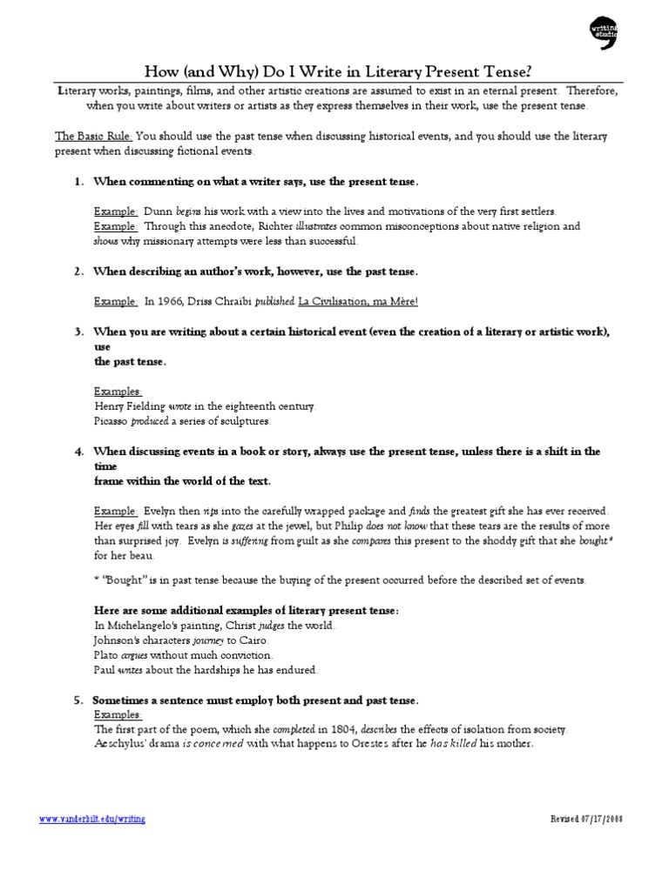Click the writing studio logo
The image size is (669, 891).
tap(605, 34)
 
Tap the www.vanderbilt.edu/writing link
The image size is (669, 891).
tap(93, 820)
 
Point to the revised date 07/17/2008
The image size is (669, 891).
tap(588, 820)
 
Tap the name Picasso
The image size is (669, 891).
tap(111, 421)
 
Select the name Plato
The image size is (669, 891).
tap(106, 655)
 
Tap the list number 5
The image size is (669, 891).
tap(78, 700)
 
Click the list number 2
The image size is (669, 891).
tap(78, 271)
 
